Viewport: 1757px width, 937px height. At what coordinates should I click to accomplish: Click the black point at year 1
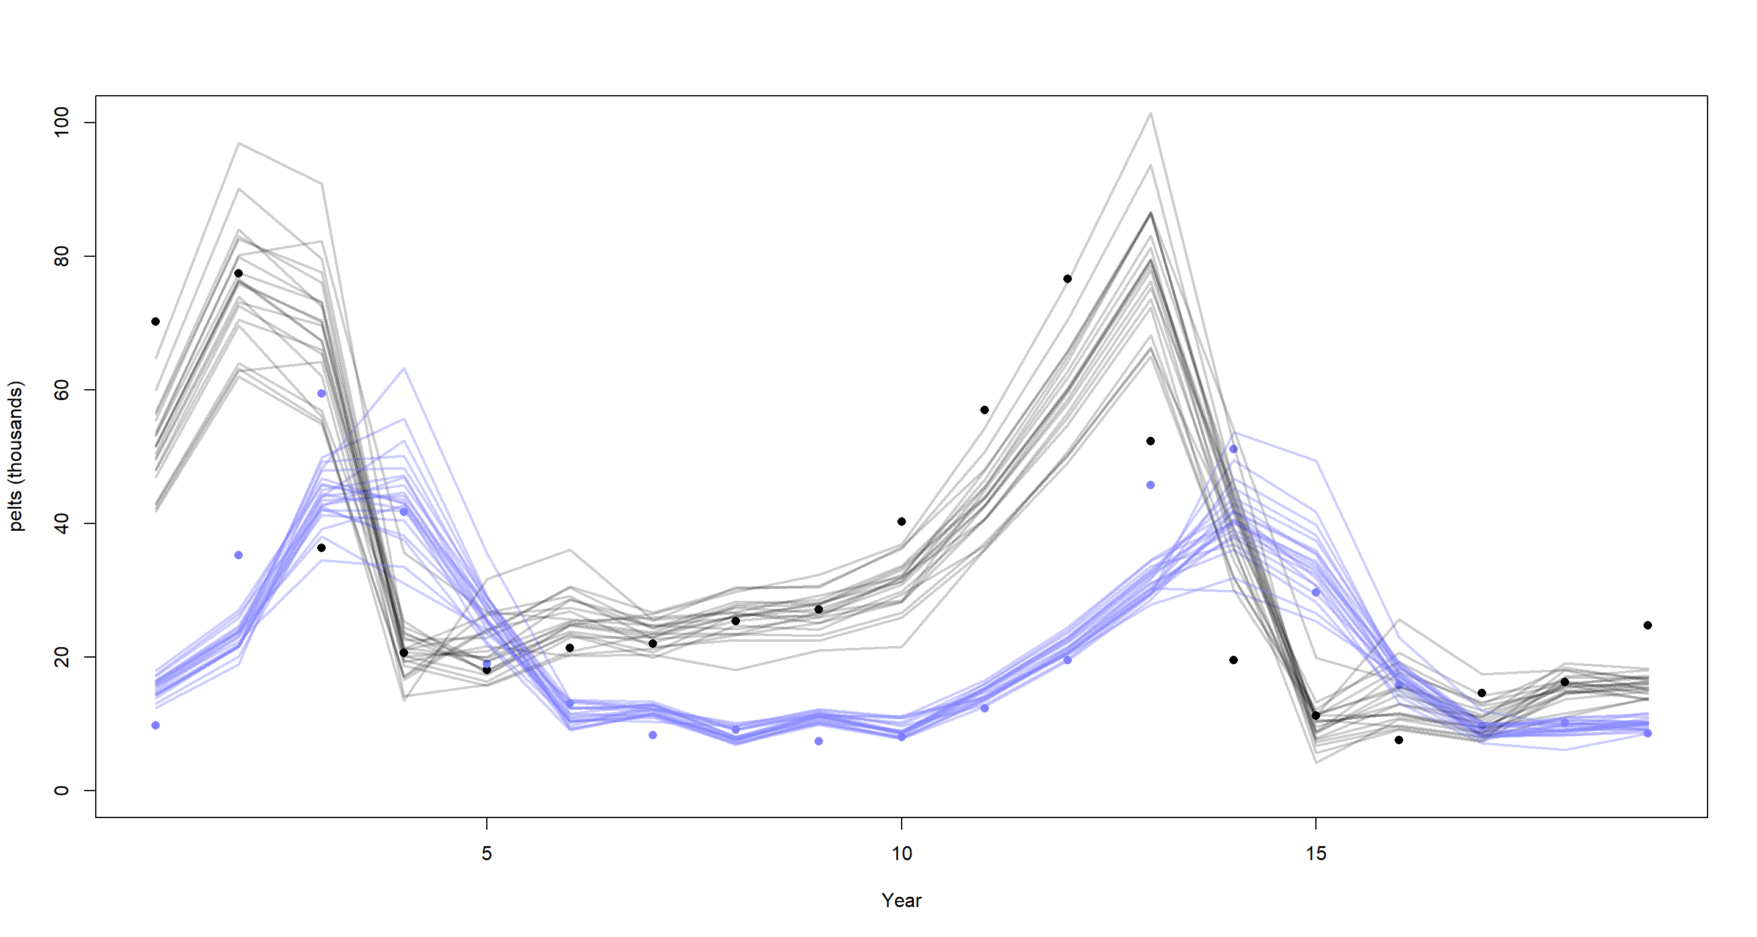click(x=156, y=321)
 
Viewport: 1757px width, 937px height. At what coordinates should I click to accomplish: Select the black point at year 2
click(x=238, y=273)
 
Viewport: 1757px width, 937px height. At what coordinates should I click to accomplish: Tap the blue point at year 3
click(x=322, y=393)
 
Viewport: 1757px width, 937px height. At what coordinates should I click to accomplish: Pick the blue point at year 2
click(x=238, y=555)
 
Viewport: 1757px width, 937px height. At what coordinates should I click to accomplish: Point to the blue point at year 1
click(x=156, y=725)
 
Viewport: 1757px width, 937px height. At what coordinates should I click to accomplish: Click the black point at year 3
click(x=322, y=548)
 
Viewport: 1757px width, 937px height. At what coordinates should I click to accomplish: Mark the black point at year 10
click(x=902, y=522)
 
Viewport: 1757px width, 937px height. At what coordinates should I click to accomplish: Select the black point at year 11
click(x=984, y=410)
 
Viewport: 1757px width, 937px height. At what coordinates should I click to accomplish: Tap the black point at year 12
click(x=1068, y=279)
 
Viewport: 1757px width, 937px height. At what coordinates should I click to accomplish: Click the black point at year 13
click(x=1151, y=441)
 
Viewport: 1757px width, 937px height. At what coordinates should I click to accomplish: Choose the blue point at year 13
click(x=1151, y=485)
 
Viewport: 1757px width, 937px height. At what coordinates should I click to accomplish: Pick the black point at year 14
click(x=1233, y=659)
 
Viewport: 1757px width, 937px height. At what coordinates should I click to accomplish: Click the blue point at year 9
click(x=819, y=741)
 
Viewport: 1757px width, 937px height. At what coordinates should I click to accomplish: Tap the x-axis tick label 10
click(x=902, y=853)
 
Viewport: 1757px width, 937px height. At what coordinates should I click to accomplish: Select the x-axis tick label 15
click(x=1316, y=853)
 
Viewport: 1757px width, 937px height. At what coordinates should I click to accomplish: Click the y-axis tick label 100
click(x=62, y=122)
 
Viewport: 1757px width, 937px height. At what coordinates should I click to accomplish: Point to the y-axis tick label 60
click(x=62, y=389)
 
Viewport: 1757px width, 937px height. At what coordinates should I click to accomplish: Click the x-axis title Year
click(x=901, y=900)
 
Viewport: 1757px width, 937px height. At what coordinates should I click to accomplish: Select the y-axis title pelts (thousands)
click(x=15, y=456)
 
